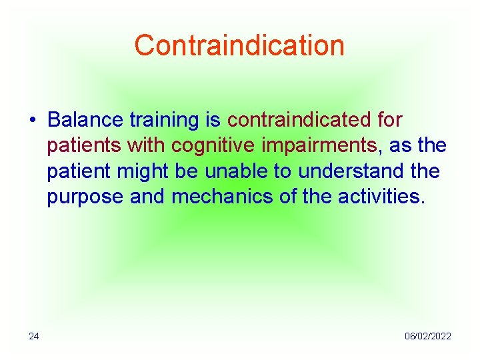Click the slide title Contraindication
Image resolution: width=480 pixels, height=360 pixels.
click(239, 45)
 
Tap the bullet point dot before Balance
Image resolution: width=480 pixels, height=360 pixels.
click(32, 120)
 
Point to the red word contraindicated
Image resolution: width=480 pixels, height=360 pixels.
click(299, 120)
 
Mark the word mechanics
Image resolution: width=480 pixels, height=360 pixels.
click(229, 197)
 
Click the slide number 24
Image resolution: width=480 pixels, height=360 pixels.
click(34, 336)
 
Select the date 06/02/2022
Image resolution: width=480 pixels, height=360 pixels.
click(427, 336)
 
